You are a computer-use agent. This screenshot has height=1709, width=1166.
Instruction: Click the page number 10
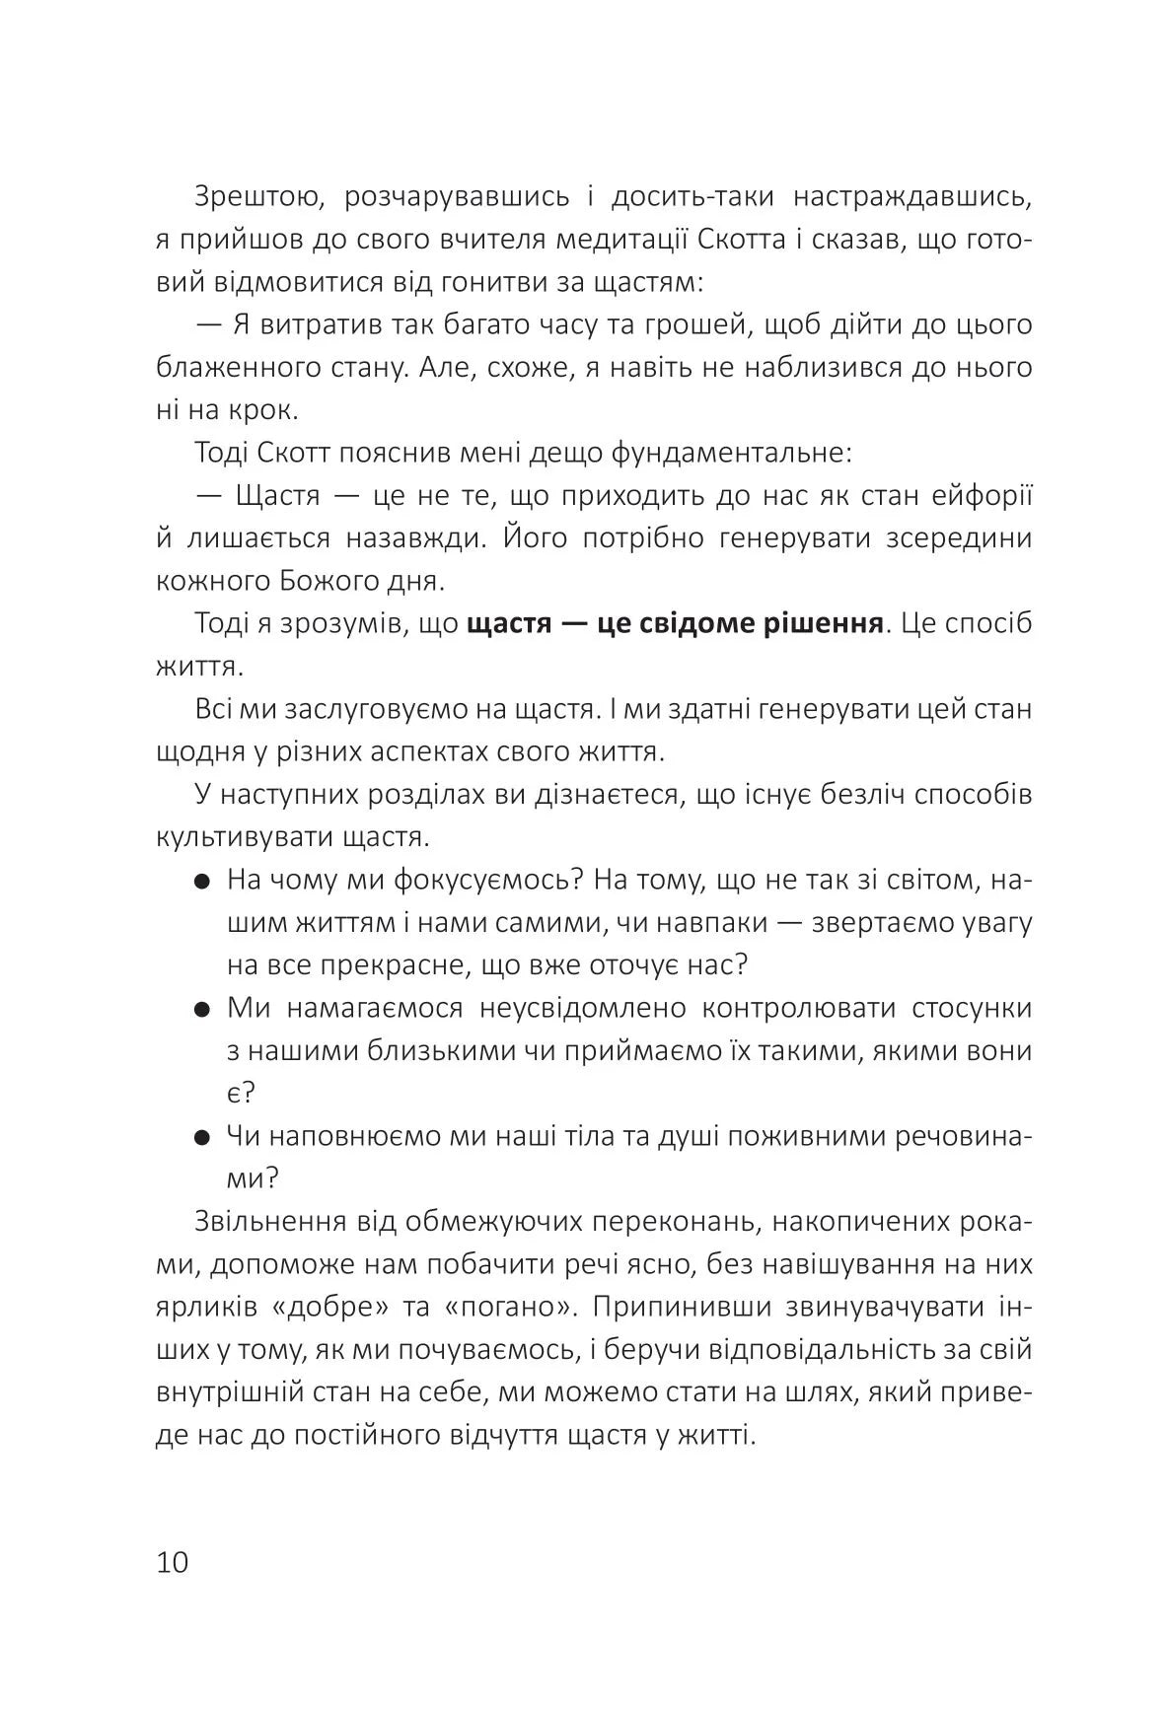pos(172,1562)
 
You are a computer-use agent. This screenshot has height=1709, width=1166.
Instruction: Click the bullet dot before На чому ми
pos(202,884)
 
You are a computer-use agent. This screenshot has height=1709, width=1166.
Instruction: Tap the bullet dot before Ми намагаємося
pos(202,1011)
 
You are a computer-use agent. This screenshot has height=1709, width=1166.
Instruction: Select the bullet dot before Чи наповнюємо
pos(202,1139)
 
